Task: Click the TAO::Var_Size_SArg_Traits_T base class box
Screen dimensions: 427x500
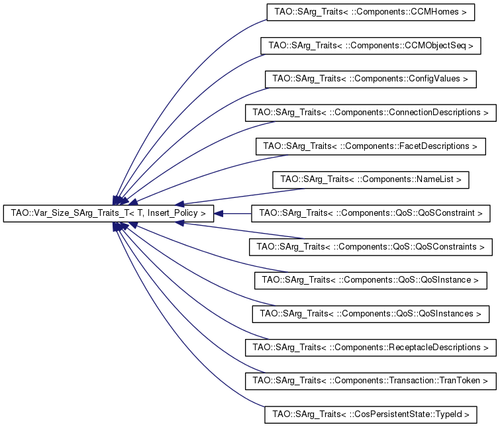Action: pos(109,213)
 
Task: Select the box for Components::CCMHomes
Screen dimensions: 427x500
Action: pos(370,12)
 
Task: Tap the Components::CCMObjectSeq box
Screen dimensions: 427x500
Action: pos(370,46)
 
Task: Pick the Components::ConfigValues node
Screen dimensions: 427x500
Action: pos(370,79)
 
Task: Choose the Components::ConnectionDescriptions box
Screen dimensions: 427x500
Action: pos(370,113)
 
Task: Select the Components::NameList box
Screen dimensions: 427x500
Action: pos(371,179)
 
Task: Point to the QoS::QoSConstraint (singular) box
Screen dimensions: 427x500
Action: pos(371,213)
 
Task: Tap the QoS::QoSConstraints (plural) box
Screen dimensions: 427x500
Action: pos(371,247)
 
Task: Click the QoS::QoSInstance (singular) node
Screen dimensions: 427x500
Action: pos(371,280)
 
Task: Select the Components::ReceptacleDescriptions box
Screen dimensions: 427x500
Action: pos(370,347)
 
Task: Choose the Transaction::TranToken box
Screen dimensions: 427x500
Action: pos(370,381)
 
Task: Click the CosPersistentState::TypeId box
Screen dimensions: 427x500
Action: pos(370,414)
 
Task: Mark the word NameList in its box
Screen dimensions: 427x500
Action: pos(438,179)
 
